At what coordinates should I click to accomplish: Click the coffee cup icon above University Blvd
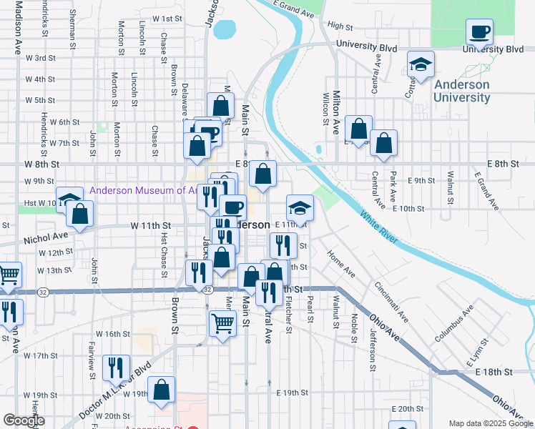click(x=480, y=31)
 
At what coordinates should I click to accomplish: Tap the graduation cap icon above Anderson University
click(x=421, y=64)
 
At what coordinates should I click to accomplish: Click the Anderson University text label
click(x=461, y=91)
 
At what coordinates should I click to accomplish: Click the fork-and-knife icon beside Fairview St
click(x=116, y=368)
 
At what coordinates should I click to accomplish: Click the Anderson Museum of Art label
click(x=142, y=191)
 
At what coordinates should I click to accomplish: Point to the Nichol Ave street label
click(x=44, y=235)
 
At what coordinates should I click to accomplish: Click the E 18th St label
click(x=490, y=373)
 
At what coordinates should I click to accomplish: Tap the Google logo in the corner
click(x=24, y=420)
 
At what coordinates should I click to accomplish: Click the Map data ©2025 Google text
click(x=491, y=423)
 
